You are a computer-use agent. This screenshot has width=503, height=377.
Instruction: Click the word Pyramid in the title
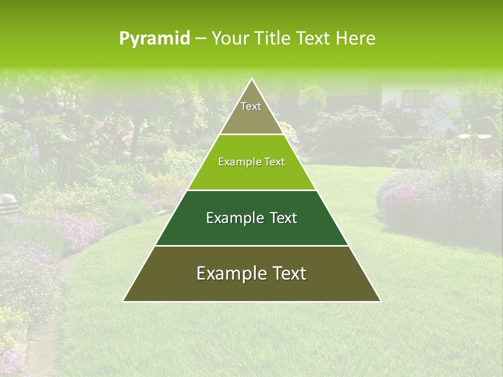[154, 39]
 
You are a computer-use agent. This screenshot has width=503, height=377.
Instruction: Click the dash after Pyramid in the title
[200, 39]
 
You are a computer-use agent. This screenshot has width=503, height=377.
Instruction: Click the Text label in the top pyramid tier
[251, 106]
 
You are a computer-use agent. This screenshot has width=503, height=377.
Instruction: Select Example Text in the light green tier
[251, 162]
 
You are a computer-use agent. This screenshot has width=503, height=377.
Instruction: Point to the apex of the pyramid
[251, 80]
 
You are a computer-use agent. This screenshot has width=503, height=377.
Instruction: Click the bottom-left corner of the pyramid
[124, 301]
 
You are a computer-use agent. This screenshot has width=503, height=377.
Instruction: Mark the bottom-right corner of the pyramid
[380, 301]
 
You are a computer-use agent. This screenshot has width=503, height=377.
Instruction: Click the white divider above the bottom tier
[251, 246]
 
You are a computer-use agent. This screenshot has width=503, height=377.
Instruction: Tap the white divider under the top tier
[251, 135]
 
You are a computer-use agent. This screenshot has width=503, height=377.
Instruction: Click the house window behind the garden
[415, 96]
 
